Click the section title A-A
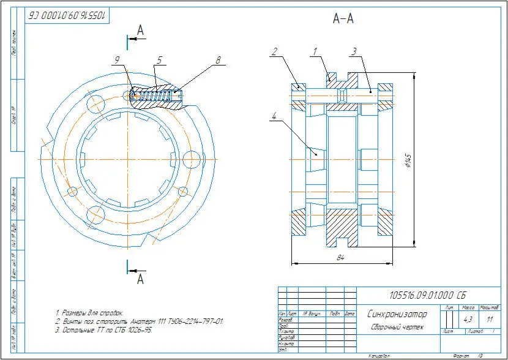click(343, 19)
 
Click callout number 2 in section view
click(275, 51)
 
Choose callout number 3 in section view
click(353, 51)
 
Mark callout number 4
click(275, 114)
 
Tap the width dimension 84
click(340, 258)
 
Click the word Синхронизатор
click(397, 314)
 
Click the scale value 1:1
click(489, 320)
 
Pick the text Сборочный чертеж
click(397, 327)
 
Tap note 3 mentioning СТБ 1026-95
click(103, 330)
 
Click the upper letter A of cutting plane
click(140, 29)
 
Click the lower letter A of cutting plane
click(140, 280)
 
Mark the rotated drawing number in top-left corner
click(67, 14)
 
